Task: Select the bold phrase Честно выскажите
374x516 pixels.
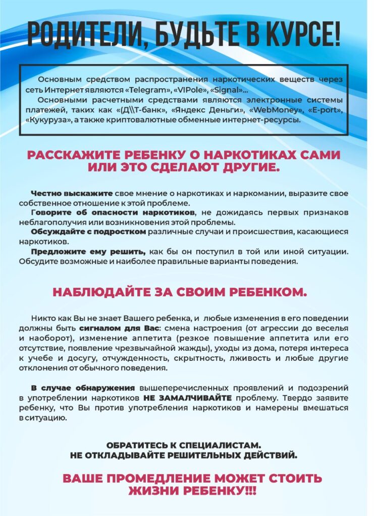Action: (72, 193)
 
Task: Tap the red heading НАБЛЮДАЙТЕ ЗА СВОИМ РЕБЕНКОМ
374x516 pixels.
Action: (179, 293)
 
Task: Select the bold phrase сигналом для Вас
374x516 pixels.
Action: (131, 328)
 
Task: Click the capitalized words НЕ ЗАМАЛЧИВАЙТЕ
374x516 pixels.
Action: (187, 398)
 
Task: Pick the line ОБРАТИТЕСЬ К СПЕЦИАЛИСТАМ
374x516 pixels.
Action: (184, 446)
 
